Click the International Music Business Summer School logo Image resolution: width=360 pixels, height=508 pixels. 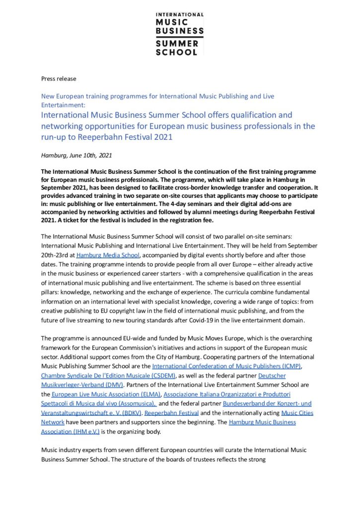click(180, 33)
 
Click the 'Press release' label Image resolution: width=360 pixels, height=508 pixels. click(59, 78)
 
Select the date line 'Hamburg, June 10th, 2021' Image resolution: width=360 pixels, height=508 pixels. click(76, 155)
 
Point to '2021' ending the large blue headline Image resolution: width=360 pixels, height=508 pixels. click(161, 137)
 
